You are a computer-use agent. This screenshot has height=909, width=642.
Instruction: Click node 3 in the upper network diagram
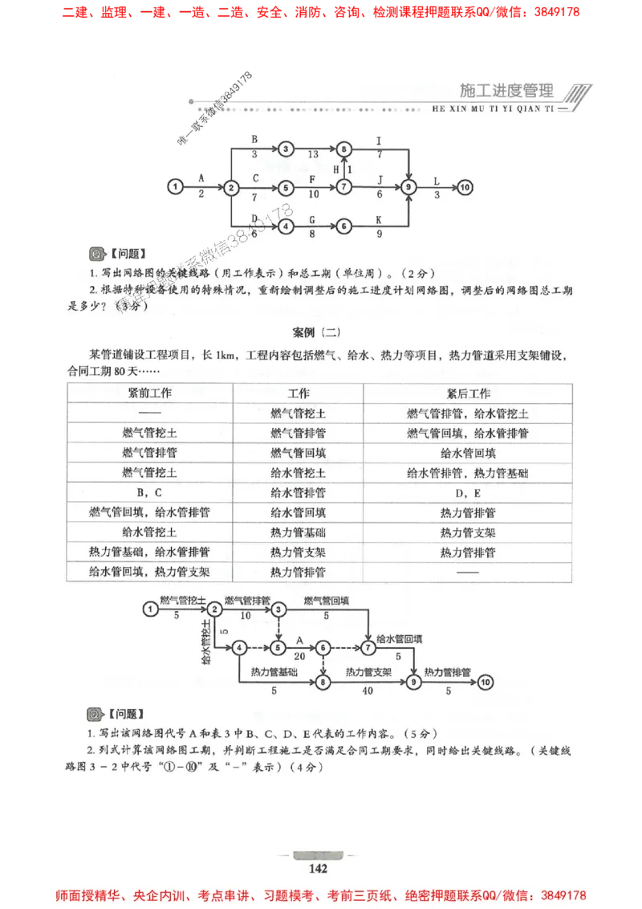coord(287,149)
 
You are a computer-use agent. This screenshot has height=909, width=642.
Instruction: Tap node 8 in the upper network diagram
coord(344,149)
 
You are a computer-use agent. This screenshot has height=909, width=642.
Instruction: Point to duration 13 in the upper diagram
coord(313,154)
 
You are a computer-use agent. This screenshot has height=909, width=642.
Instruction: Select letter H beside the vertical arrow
coord(337,169)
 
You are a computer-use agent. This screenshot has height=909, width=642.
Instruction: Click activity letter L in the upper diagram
coord(437,181)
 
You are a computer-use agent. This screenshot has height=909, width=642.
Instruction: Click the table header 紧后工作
coord(468,393)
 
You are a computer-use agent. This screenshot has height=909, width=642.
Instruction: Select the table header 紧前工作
coord(150,393)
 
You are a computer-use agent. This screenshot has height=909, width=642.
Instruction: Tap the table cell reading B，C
coord(150,492)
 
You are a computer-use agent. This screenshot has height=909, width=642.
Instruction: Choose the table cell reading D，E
coord(468,492)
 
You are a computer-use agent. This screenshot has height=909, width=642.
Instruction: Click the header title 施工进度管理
coord(508,90)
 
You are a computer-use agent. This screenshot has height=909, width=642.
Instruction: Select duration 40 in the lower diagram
coord(368,690)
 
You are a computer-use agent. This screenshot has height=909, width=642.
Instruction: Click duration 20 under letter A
coord(300,656)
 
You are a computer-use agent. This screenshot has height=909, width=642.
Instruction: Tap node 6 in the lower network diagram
coord(323,647)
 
